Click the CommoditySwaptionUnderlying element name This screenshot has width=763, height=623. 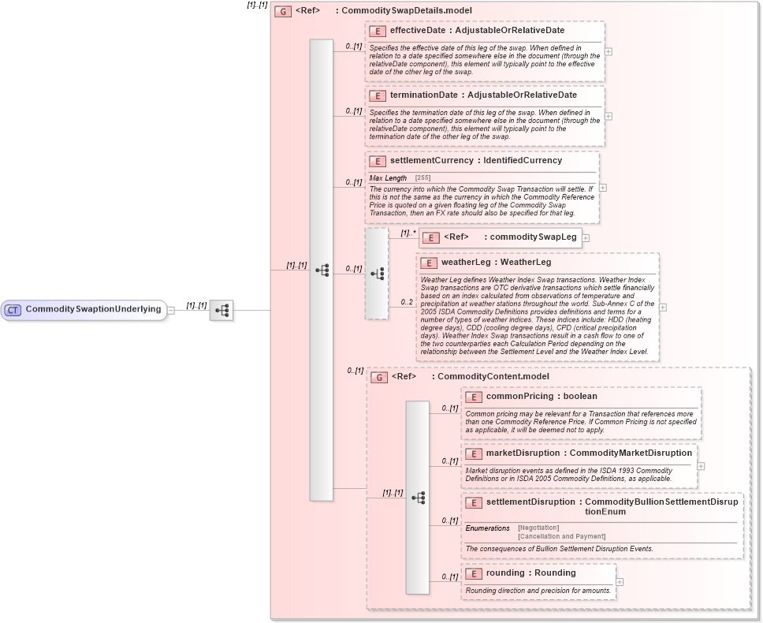[x=93, y=309]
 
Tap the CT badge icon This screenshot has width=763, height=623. [x=13, y=310]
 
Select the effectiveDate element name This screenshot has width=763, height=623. [x=418, y=31]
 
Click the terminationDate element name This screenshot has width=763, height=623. [x=423, y=95]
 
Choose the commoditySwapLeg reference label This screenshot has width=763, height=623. [x=533, y=237]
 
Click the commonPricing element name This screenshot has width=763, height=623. [x=519, y=397]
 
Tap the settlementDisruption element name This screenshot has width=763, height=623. [x=530, y=502]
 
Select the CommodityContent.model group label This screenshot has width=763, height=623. [x=482, y=377]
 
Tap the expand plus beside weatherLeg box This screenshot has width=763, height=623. [x=662, y=308]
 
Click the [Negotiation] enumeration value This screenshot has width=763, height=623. [x=538, y=528]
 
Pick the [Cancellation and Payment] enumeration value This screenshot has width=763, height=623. [x=561, y=536]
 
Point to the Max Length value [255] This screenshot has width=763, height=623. [x=422, y=178]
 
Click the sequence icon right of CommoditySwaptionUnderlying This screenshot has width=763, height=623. [x=221, y=311]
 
